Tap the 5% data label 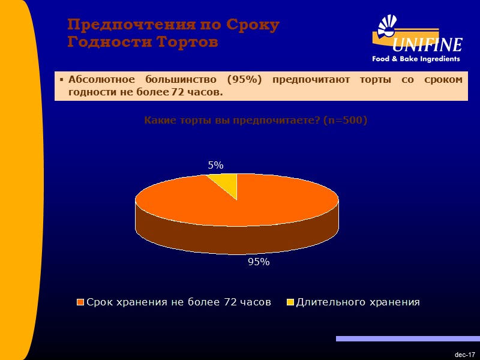click(215, 165)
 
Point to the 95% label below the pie click(259, 262)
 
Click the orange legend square click(80, 302)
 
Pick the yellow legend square click(290, 302)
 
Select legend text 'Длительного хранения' click(358, 302)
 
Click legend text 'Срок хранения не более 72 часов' click(178, 302)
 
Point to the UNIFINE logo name click(427, 45)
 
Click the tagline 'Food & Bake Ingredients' click(416, 59)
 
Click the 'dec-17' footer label click(465, 355)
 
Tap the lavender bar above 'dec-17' click(407, 339)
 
